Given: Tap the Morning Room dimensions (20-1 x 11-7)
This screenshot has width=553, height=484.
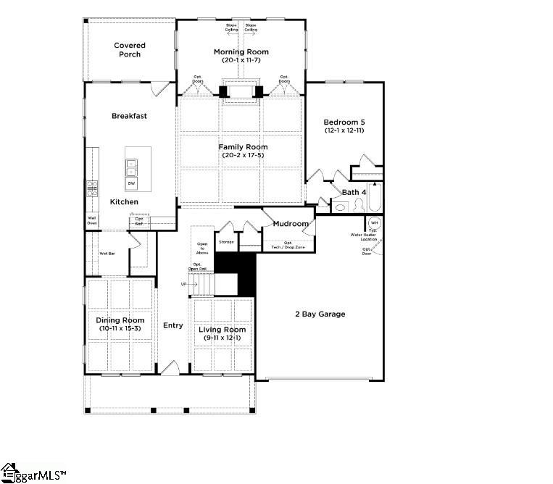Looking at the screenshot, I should pos(241,59).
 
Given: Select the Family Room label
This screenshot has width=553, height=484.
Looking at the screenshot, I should pos(241,147).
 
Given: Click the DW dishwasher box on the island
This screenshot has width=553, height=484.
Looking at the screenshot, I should pos(132,183).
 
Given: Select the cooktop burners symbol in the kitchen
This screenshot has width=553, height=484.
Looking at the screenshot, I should pos(92,188).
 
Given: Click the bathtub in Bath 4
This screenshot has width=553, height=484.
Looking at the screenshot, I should pos(375,197).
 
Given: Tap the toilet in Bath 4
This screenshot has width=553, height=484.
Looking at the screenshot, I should pos(339,207).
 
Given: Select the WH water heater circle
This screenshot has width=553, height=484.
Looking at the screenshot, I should pos(375,222).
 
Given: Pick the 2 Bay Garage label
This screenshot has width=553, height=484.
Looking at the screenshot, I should pos(320,314).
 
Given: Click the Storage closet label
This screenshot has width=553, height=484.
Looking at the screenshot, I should pos(226,241).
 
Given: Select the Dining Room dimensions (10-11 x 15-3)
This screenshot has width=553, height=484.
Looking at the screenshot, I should pos(120,329).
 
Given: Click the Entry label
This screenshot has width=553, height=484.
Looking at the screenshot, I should pos(172,325).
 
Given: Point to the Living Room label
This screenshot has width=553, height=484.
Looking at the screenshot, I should pos(223,330).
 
